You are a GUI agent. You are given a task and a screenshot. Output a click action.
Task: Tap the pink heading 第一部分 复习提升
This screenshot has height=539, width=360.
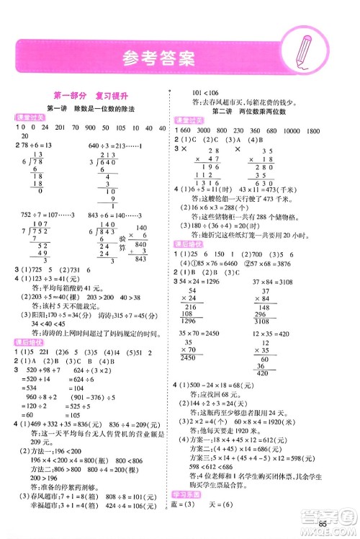click(91, 94)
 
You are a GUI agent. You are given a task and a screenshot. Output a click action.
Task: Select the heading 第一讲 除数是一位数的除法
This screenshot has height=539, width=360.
click(91, 108)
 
